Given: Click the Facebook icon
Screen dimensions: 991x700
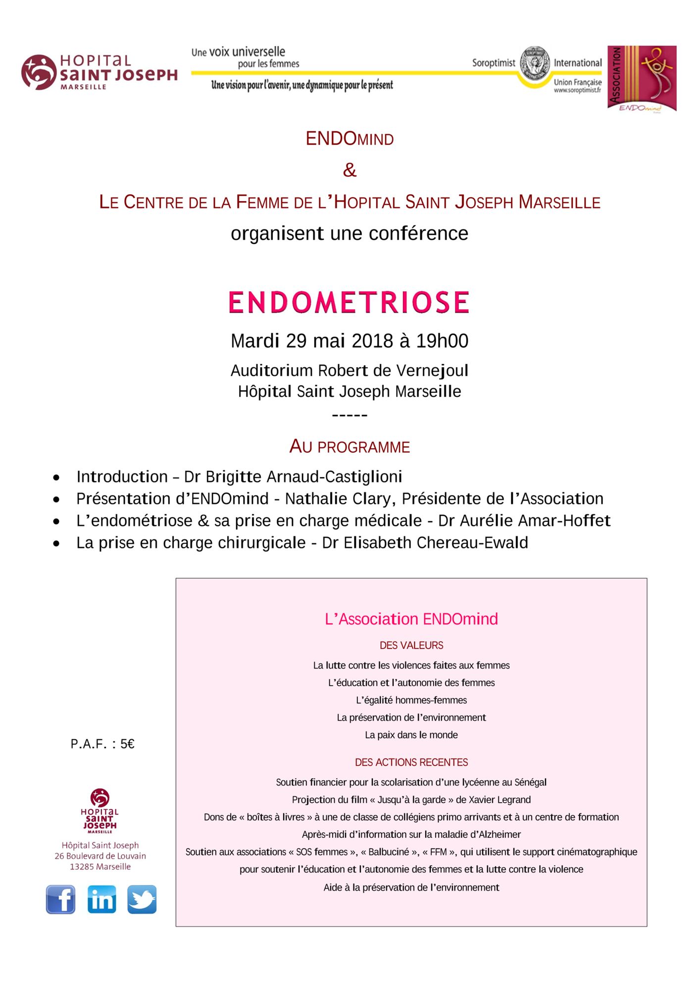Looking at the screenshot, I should coord(60,899).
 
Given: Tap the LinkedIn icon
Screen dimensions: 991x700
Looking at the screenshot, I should coord(101,899).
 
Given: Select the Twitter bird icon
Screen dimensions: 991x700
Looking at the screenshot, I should coord(142,899).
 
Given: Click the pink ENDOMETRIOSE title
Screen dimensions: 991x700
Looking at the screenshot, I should coord(349,302).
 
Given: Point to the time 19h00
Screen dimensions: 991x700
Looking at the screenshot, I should coord(442,341).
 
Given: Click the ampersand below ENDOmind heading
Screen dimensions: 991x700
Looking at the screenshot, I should coord(350,170).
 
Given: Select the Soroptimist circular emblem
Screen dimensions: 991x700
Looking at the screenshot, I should coord(535,63).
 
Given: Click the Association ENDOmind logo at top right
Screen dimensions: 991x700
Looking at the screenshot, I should coord(642,78).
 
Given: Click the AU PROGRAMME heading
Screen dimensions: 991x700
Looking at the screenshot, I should coord(350,447).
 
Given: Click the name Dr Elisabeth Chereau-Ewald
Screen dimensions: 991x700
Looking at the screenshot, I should coord(425,543).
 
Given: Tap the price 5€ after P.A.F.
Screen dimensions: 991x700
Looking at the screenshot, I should coord(127,744).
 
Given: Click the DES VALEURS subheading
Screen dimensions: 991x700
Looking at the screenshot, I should coord(411,646).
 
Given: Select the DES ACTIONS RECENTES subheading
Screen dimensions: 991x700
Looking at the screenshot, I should coord(411,763).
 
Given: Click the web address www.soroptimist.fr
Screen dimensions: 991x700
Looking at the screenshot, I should coord(577,90).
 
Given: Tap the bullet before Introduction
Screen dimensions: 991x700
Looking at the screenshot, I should coord(56,478).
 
